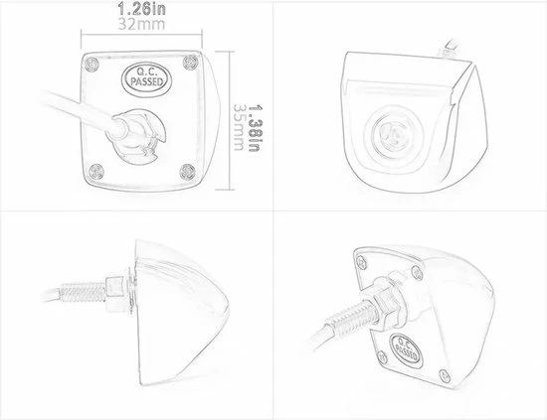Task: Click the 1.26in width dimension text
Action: [x=141, y=9]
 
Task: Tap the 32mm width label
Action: [x=141, y=24]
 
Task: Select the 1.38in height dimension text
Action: [x=255, y=129]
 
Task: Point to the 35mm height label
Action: [x=239, y=127]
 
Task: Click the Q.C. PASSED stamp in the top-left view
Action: [x=146, y=77]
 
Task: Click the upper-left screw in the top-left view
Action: [x=92, y=64]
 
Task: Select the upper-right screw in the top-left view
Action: [x=191, y=62]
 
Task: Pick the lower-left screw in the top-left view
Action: [x=95, y=172]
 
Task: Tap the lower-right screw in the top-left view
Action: [x=188, y=172]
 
